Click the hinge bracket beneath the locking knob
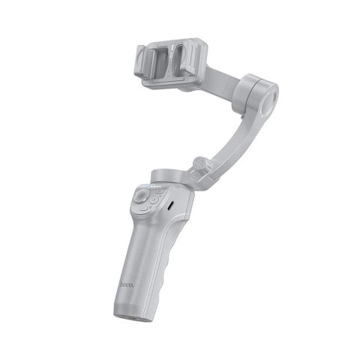click(198, 180)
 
